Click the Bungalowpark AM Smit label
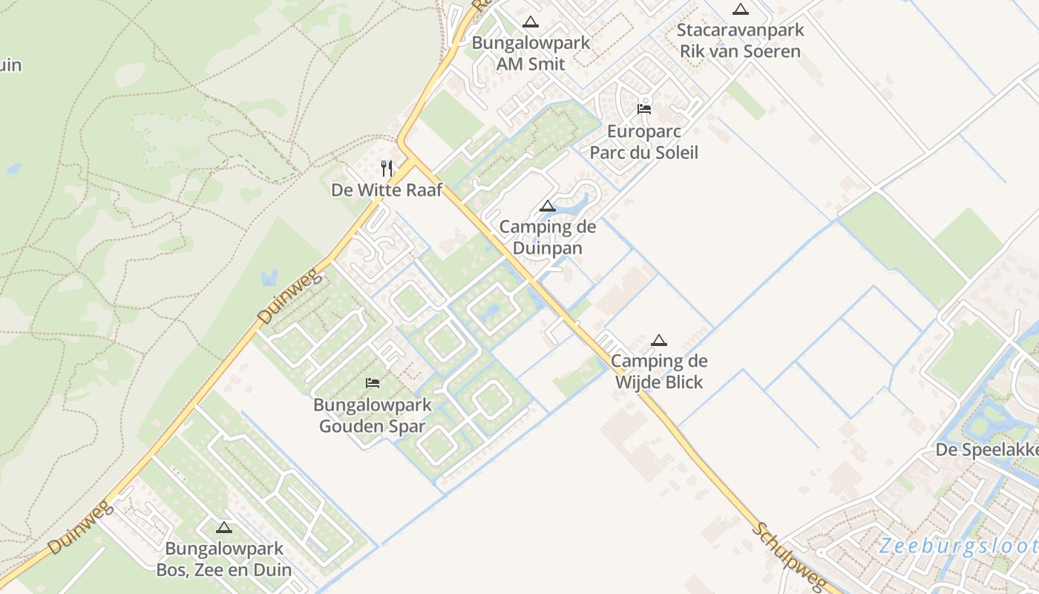[x=531, y=53]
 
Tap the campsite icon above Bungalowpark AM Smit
[x=530, y=22]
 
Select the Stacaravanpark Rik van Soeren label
[x=740, y=41]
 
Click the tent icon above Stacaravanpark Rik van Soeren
[x=740, y=10]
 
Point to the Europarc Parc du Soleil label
[x=643, y=142]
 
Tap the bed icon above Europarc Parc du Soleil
[x=644, y=108]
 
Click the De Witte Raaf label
[x=387, y=190]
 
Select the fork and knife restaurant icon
[x=387, y=168]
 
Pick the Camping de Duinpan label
[x=548, y=237]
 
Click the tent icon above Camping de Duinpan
[x=548, y=206]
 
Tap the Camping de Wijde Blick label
[x=659, y=372]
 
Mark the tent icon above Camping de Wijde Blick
[x=658, y=341]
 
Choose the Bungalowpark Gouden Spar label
[x=373, y=416]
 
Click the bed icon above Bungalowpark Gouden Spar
[x=373, y=383]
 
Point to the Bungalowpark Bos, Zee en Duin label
[x=224, y=560]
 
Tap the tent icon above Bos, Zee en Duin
[x=224, y=528]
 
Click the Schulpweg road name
[x=779, y=552]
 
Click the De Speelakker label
[x=986, y=450]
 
